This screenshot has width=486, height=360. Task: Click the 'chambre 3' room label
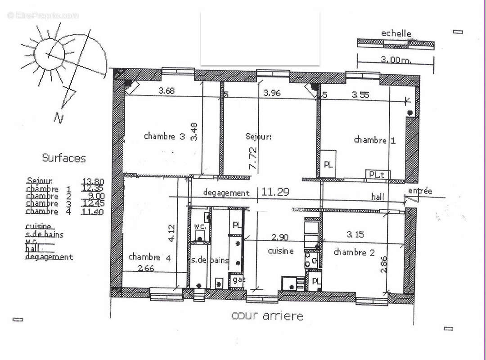click(164, 136)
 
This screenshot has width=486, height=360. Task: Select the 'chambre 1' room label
click(374, 140)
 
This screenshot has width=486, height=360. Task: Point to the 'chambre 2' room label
click(354, 252)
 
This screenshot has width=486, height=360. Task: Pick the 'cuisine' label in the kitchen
click(281, 251)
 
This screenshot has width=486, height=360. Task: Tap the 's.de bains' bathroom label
click(210, 261)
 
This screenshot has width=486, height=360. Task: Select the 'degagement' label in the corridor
click(226, 193)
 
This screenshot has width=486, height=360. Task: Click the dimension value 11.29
click(275, 192)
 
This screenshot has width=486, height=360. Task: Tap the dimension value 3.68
click(167, 91)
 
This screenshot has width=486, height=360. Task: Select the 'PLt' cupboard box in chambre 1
click(377, 174)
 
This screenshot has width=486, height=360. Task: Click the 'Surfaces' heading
click(63, 158)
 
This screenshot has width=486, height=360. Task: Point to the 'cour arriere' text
click(267, 316)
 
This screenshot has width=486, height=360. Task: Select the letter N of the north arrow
click(58, 118)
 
